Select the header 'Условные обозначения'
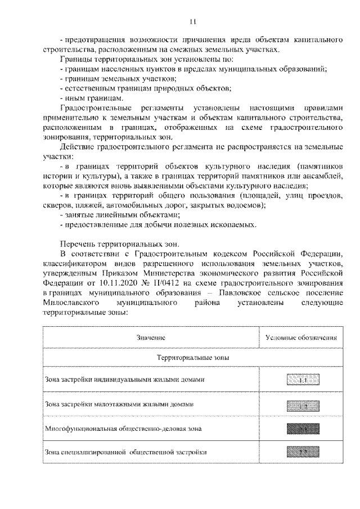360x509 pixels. [x=301, y=338]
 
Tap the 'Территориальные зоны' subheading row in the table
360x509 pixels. [x=192, y=358]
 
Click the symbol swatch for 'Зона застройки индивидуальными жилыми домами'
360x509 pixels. [x=301, y=380]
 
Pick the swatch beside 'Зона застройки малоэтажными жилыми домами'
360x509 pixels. [x=301, y=405]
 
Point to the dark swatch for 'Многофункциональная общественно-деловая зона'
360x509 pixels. [x=301, y=429]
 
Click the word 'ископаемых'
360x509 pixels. [x=232, y=225]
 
